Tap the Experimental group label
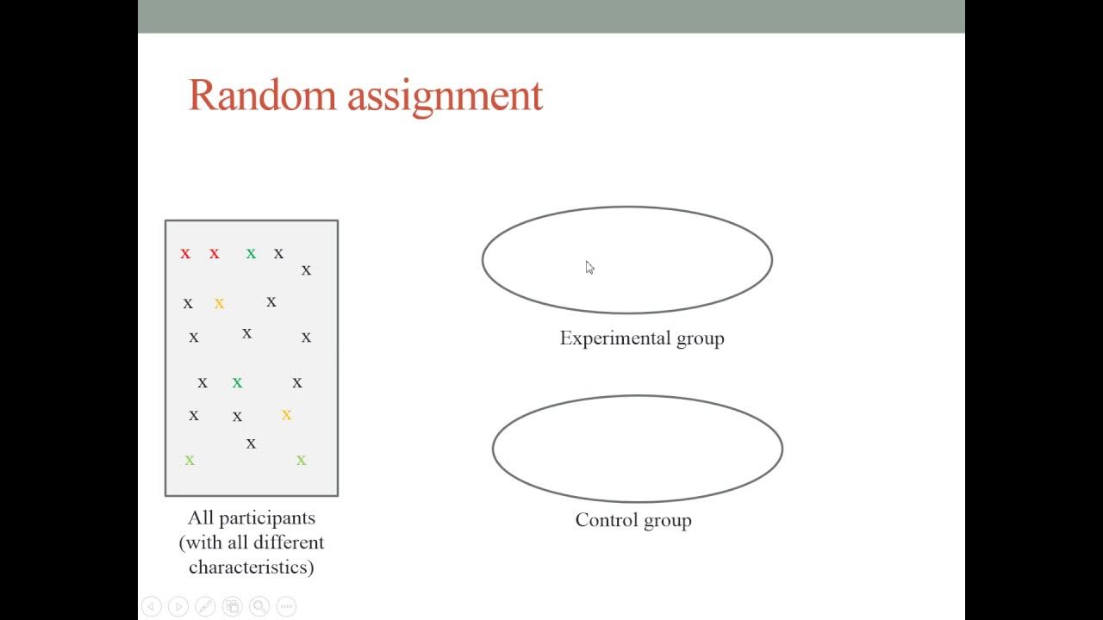(641, 338)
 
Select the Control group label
(633, 520)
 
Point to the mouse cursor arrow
(589, 267)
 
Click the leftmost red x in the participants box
(185, 253)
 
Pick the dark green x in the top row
(251, 253)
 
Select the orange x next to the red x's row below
(219, 303)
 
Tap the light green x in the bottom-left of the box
(190, 460)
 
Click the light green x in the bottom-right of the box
(301, 460)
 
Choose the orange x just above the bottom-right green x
(286, 415)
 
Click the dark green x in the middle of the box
(237, 382)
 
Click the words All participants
(252, 518)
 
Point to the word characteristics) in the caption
(252, 567)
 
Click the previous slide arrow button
(151, 606)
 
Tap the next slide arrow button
(178, 606)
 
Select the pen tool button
(205, 606)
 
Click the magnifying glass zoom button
(259, 606)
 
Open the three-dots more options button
(287, 606)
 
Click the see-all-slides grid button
(232, 606)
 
